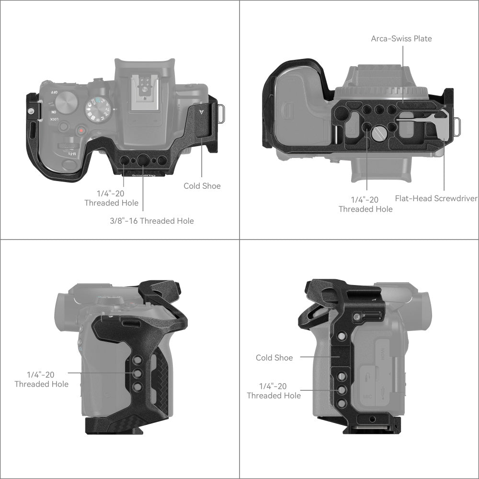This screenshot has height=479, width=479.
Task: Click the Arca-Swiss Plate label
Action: tap(401, 38)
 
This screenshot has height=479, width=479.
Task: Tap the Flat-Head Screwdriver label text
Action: tap(436, 198)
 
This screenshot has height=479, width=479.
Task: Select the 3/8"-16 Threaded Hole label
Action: tap(152, 220)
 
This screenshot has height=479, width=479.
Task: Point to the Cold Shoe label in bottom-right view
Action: tap(274, 357)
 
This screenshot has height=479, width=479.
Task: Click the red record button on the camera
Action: tap(81, 131)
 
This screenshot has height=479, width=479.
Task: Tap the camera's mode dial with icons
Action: tap(97, 110)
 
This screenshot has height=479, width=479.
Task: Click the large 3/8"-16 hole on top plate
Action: tap(143, 160)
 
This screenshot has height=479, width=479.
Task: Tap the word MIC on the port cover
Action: tap(367, 397)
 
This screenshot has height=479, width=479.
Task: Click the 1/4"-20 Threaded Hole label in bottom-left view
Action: tap(42, 379)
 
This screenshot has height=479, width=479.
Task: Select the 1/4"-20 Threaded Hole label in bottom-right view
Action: tap(274, 391)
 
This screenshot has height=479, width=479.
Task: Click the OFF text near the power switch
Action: tap(54, 92)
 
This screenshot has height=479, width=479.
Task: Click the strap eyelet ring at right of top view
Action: tap(221, 114)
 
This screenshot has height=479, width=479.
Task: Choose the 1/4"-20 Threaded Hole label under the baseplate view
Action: tap(365, 205)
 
